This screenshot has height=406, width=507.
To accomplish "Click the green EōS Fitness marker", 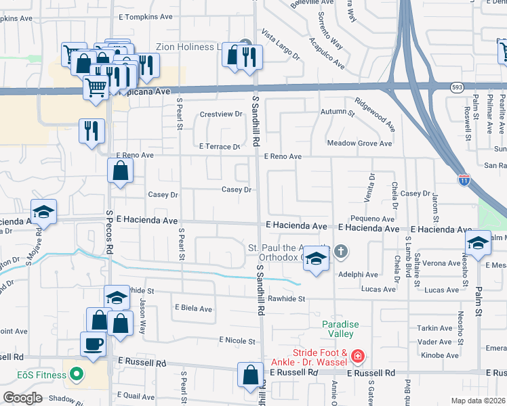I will [x=77, y=373].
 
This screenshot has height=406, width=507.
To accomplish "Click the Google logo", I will [x=22, y=397].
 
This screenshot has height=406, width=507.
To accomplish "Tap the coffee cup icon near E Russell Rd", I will [x=94, y=344].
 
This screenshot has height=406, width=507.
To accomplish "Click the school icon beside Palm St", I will [x=478, y=243].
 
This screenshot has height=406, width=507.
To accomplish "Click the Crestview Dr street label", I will [x=221, y=114].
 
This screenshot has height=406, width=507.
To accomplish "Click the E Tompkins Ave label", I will [x=143, y=17].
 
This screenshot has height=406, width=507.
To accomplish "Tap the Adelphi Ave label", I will [x=361, y=275].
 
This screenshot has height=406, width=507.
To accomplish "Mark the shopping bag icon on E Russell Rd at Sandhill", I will [x=250, y=374].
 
